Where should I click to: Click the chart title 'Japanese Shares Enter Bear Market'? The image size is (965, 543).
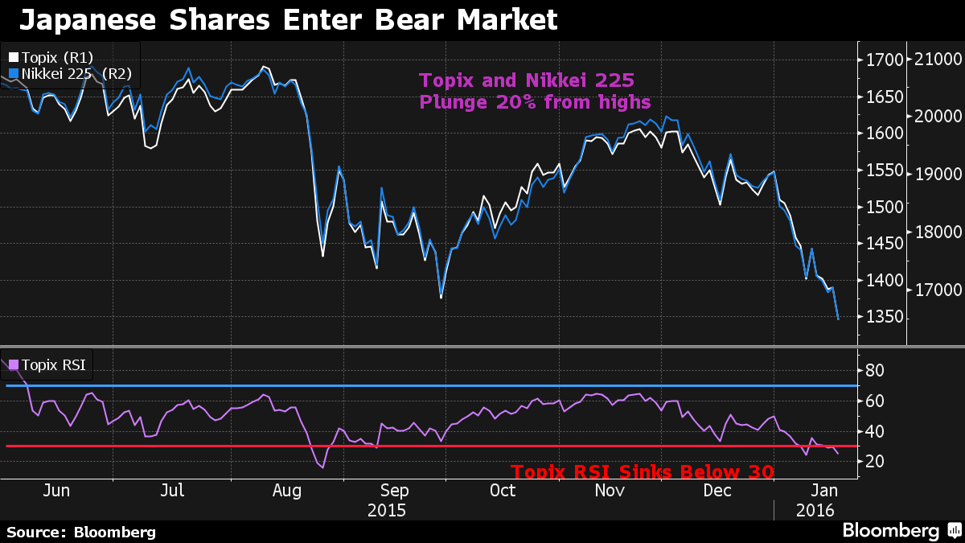coord(288,20)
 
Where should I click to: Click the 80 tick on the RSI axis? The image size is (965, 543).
coord(875,371)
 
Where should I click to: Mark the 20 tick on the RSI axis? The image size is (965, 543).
coord(875,461)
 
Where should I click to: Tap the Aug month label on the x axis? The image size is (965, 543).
coord(286,490)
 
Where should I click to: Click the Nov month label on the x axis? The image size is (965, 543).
coord(610,490)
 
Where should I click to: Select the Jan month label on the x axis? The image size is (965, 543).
coord(822,490)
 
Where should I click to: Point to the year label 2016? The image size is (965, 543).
coord(815,510)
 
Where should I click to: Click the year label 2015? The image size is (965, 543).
coord(387,510)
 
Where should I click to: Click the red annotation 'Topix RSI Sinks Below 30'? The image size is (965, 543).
coord(643,471)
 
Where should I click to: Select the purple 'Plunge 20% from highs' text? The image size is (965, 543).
coord(534,102)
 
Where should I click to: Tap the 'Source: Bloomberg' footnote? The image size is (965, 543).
coord(80,532)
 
